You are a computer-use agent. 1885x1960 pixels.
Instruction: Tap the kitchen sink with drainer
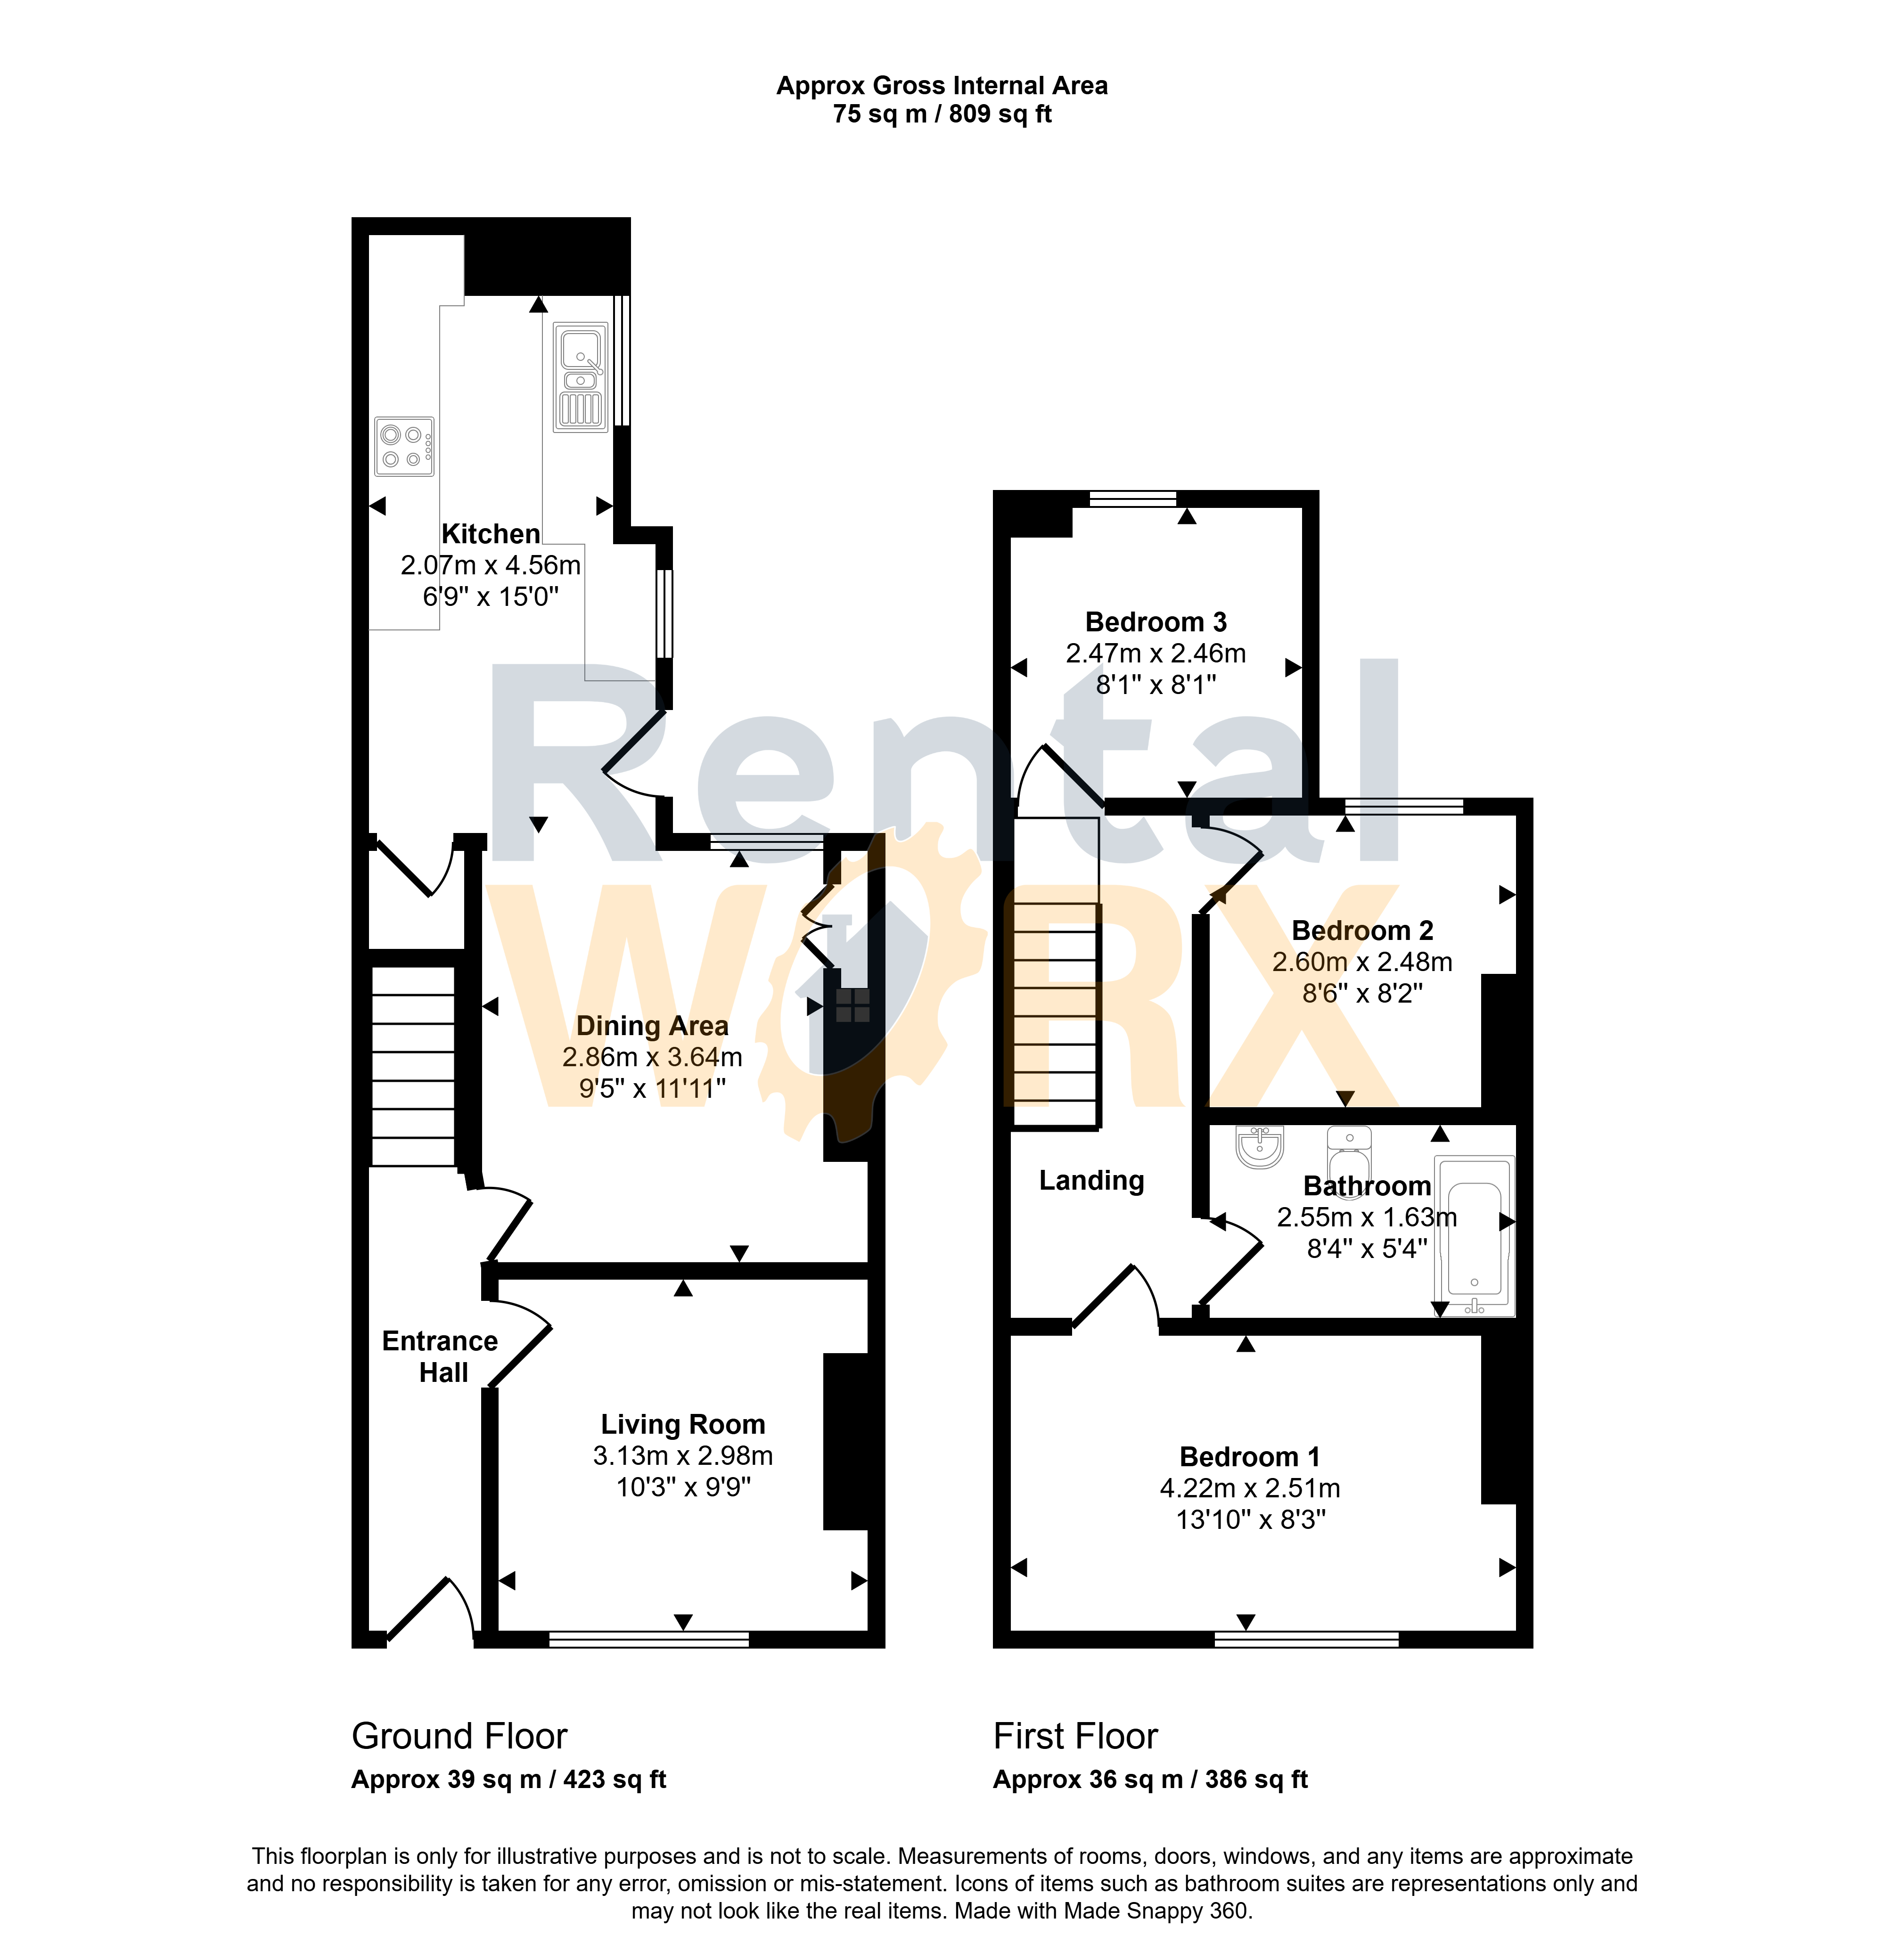[580, 377]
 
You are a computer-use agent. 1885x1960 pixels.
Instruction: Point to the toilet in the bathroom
[1349, 1155]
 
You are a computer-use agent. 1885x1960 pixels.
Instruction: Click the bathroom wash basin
[1260, 1147]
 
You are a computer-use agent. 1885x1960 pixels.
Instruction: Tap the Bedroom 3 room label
[1156, 622]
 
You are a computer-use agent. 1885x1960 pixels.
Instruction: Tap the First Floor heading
[1075, 1736]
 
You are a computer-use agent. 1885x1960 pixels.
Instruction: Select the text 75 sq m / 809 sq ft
[942, 114]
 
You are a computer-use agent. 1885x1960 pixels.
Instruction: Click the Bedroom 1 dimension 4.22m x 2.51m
[1250, 1488]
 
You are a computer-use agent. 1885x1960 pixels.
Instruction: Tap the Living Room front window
[649, 1639]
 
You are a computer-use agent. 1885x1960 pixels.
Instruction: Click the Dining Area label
[652, 1026]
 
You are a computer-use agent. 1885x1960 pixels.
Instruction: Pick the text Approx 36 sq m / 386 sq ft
[1150, 1780]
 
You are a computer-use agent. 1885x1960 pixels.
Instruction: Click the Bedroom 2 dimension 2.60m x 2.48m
[1362, 962]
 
